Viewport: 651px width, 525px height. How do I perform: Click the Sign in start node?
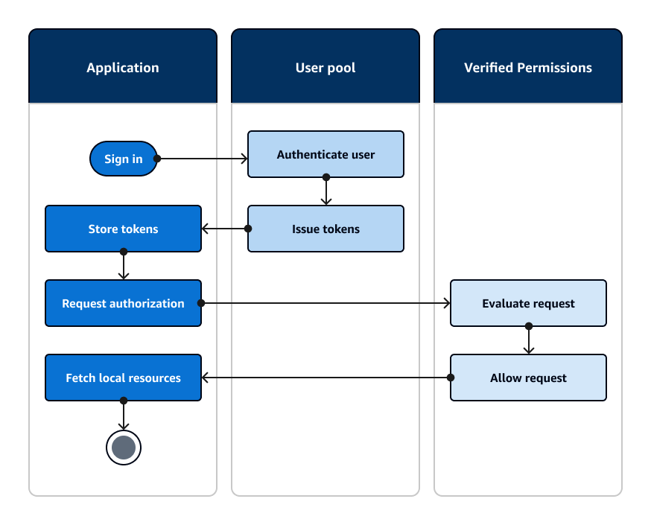[x=123, y=159]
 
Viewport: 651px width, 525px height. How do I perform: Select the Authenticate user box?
[x=325, y=154]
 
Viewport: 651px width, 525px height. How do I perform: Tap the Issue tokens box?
[x=325, y=229]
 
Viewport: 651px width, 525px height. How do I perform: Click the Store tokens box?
[x=123, y=229]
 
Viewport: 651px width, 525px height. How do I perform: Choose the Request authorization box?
[x=123, y=303]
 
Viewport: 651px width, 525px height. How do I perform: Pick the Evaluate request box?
[x=528, y=303]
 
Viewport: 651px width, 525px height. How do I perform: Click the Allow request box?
[x=528, y=378]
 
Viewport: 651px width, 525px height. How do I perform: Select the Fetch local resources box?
[x=123, y=378]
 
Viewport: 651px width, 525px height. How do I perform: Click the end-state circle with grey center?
[x=123, y=448]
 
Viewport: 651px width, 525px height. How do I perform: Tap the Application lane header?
[x=123, y=67]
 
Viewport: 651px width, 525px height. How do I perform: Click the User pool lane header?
[x=325, y=67]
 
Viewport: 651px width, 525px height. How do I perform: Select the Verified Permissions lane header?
[x=528, y=67]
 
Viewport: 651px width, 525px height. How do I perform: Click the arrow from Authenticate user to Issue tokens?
[x=325, y=191]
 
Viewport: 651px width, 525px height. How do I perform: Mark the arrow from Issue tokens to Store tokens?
[x=224, y=229]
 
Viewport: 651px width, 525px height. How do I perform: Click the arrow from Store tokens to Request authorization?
[x=123, y=266]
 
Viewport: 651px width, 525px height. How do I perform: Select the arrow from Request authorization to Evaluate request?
[x=325, y=303]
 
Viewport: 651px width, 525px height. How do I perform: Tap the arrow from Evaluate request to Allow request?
[x=528, y=340]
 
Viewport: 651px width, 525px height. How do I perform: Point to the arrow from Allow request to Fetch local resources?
[x=325, y=378]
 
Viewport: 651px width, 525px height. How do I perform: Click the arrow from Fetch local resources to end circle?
[x=123, y=416]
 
